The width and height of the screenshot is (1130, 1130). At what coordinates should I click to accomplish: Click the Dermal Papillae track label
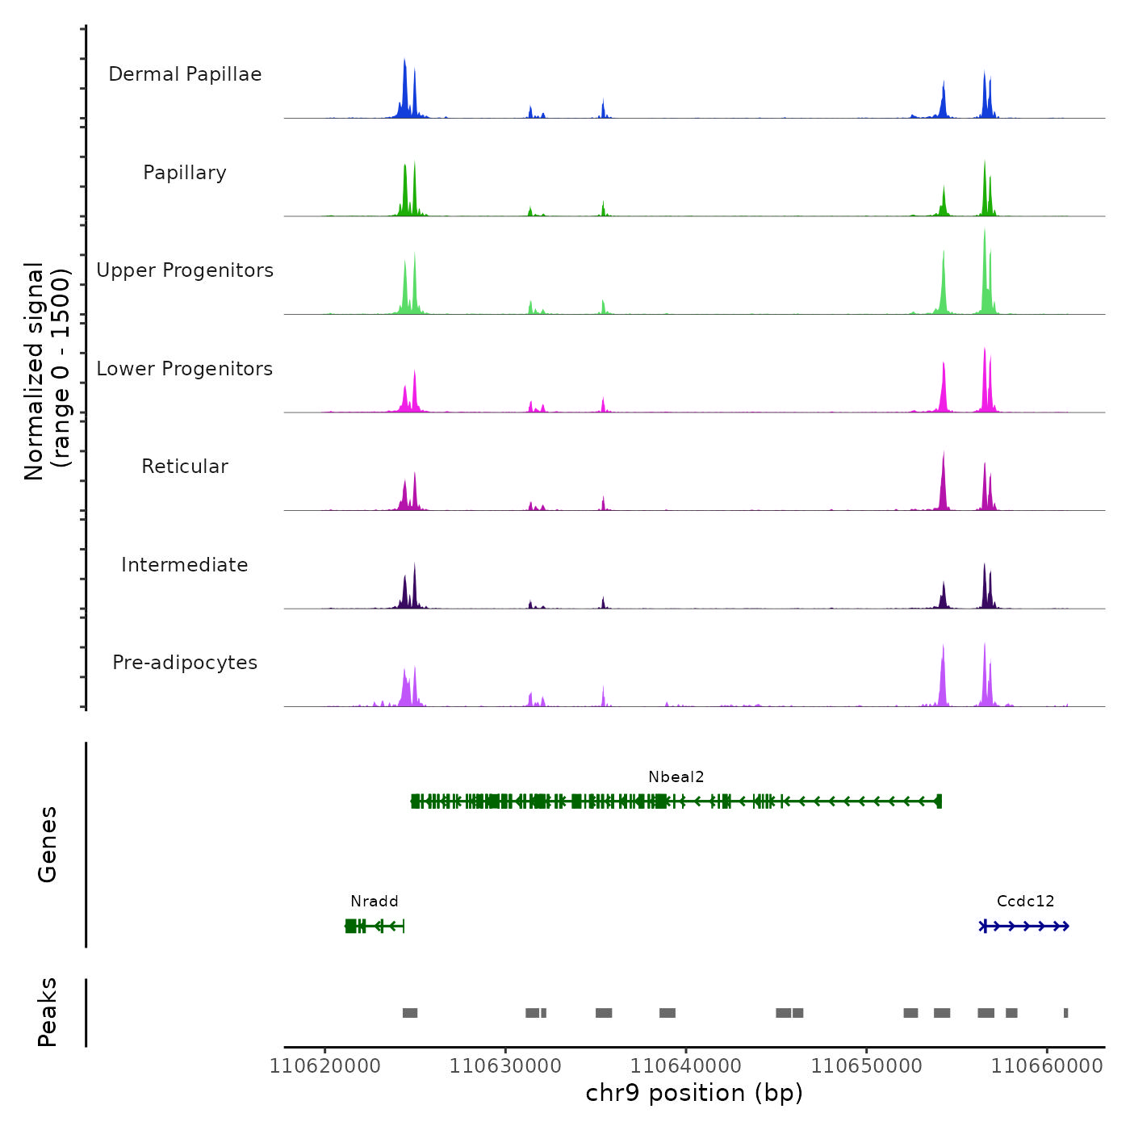185,74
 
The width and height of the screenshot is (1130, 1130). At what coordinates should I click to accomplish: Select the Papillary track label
185,173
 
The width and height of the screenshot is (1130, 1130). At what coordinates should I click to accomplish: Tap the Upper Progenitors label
185,270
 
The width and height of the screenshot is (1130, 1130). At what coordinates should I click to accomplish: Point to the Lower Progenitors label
185,369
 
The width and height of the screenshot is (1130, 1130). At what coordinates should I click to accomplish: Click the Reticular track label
185,467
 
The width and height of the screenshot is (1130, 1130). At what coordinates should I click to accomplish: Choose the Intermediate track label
185,565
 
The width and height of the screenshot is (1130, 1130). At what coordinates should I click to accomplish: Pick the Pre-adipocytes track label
185,663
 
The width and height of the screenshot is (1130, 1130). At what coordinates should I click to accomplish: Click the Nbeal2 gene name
676,777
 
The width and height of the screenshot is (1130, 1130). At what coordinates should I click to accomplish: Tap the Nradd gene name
375,902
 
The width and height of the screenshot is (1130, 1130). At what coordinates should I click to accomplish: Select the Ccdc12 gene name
1025,902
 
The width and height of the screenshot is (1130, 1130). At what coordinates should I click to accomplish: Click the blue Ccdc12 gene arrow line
1024,926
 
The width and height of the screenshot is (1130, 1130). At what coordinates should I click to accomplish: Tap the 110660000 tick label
1047,1065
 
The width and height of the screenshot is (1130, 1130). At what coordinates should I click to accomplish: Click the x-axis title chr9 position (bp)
694,1093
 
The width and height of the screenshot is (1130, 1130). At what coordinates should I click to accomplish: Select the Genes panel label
48,844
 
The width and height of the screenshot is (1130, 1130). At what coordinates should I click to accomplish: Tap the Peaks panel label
48,1012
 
